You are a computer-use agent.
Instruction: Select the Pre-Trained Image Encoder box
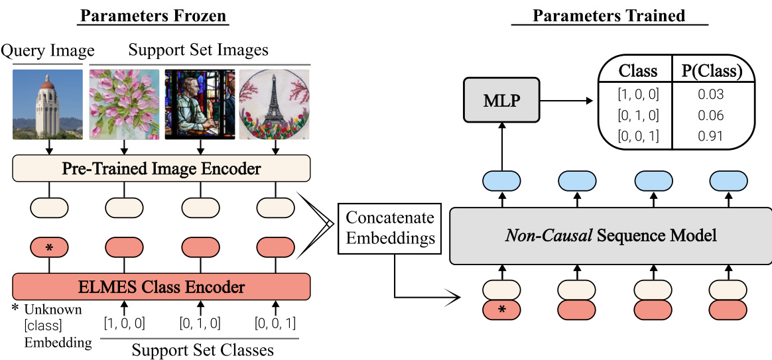click(x=161, y=169)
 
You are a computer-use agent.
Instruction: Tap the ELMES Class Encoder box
click(x=161, y=286)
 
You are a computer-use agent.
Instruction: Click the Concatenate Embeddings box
click(x=390, y=227)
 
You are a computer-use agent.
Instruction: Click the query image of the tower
click(x=48, y=104)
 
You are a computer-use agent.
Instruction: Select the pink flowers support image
click(x=124, y=104)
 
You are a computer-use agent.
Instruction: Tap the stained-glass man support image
click(x=199, y=104)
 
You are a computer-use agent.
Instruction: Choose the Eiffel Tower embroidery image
click(x=275, y=104)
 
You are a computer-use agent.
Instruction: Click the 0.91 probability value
click(x=710, y=137)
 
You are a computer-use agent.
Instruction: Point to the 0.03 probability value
click(x=710, y=93)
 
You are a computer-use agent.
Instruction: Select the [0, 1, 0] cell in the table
click(x=637, y=115)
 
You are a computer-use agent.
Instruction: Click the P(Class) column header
click(x=711, y=70)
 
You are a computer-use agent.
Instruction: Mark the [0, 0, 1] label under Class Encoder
click(x=275, y=324)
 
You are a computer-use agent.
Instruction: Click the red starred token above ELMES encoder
click(x=49, y=247)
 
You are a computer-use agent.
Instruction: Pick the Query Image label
click(x=48, y=50)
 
